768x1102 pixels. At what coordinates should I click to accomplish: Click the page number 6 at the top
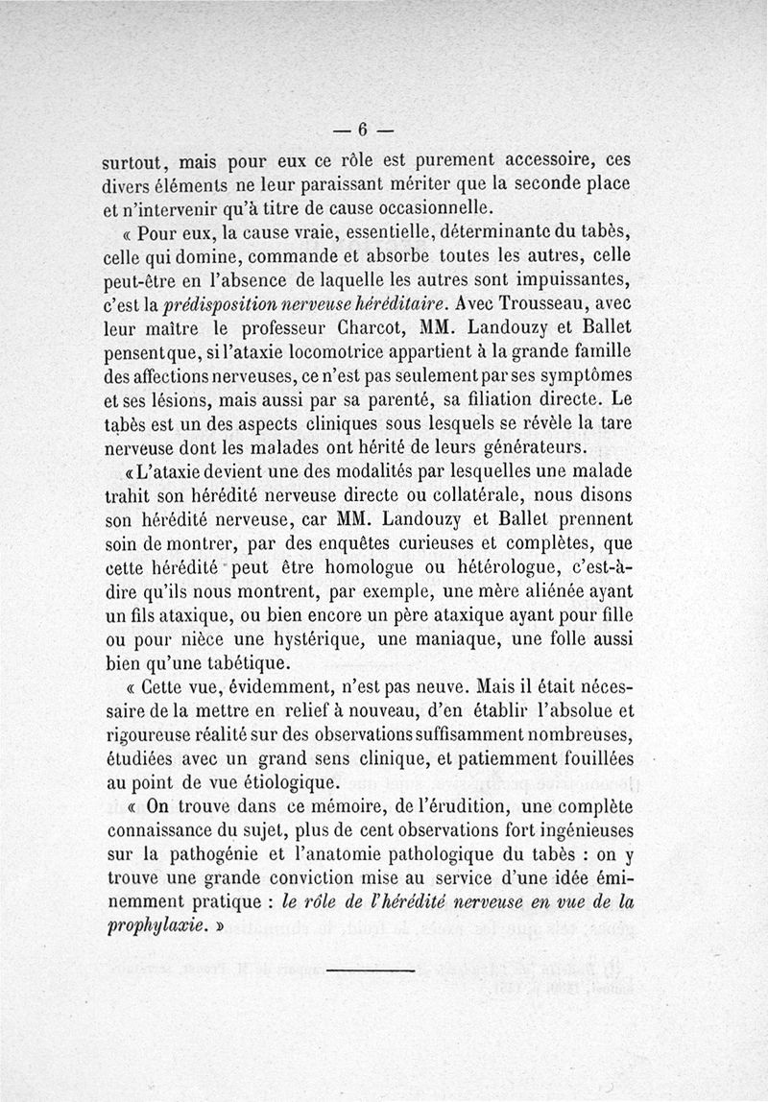364,130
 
